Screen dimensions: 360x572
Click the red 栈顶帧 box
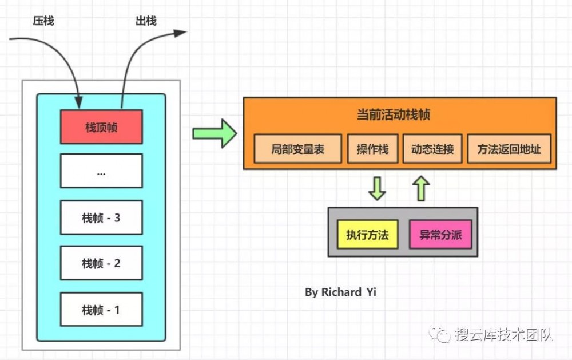[x=101, y=127]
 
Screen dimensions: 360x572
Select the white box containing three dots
[x=101, y=171]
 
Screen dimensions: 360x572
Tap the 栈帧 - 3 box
[x=101, y=217]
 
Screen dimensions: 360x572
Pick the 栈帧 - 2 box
[x=101, y=263]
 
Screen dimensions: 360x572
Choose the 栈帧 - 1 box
[x=101, y=310]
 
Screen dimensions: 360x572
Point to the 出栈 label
[x=146, y=22]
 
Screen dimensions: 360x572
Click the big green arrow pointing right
[x=214, y=133]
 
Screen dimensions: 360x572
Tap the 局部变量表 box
[x=297, y=149]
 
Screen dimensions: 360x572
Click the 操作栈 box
[x=372, y=149]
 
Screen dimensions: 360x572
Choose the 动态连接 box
[x=432, y=149]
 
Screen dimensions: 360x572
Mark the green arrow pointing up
[x=421, y=188]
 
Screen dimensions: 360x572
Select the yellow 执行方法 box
[x=367, y=234]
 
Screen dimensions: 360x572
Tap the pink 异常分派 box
[x=440, y=234]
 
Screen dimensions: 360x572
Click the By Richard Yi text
[x=340, y=292]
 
